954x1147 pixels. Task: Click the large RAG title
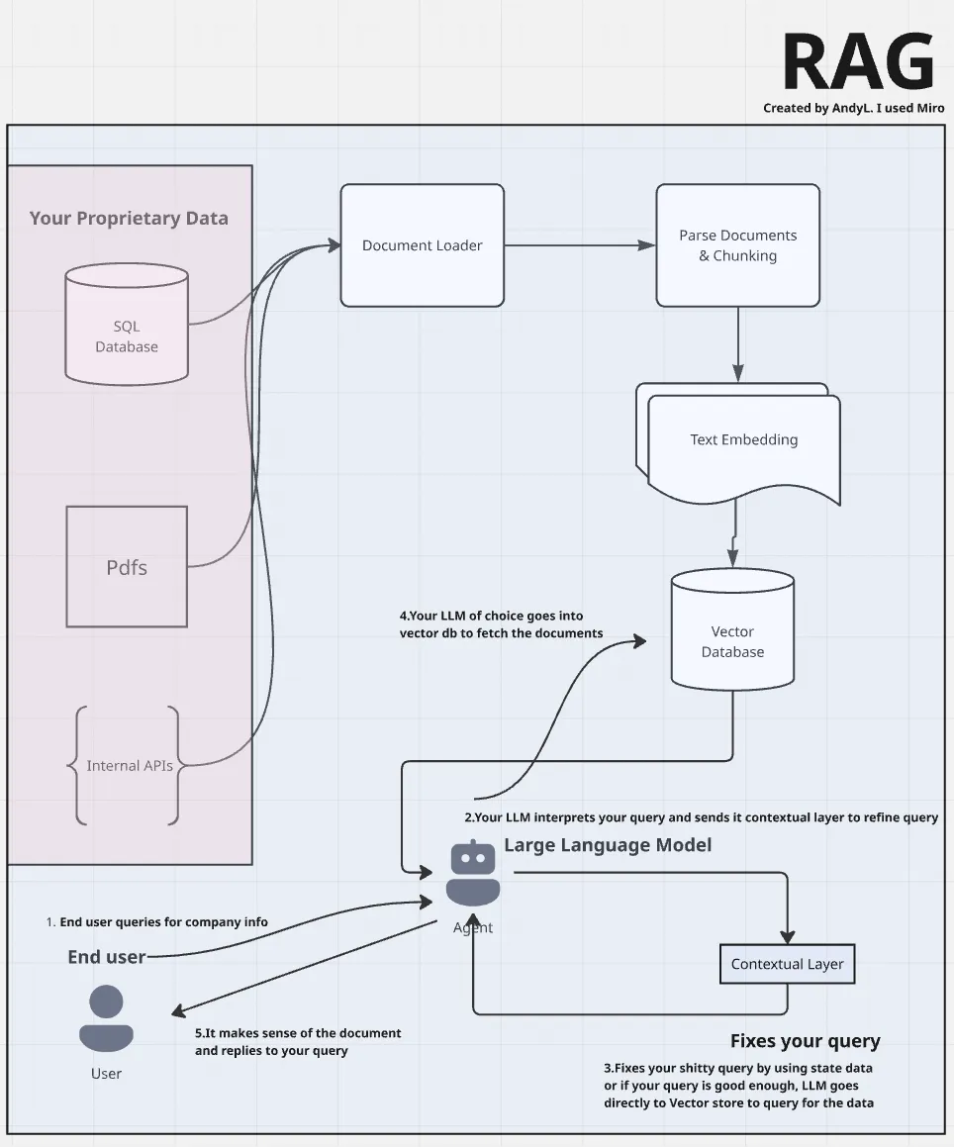pyautogui.click(x=858, y=63)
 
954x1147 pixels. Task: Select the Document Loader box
pyautogui.click(x=423, y=245)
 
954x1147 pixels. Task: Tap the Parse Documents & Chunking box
pyautogui.click(x=737, y=245)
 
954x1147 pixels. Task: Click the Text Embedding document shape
pyautogui.click(x=743, y=440)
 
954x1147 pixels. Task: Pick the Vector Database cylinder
pyautogui.click(x=732, y=633)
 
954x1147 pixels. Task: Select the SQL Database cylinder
pyautogui.click(x=127, y=327)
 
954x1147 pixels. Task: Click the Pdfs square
pyautogui.click(x=127, y=567)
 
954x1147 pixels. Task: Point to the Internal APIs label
pyautogui.click(x=130, y=766)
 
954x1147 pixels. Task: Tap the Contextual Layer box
pyautogui.click(x=787, y=964)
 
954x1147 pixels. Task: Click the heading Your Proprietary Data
pyautogui.click(x=129, y=219)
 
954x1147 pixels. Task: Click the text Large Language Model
pyautogui.click(x=608, y=845)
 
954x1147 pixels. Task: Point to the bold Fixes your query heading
pyautogui.click(x=805, y=1041)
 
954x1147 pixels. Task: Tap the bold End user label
pyautogui.click(x=106, y=957)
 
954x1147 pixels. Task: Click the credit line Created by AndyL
pyautogui.click(x=853, y=109)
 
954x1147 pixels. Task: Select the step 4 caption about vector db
pyautogui.click(x=501, y=624)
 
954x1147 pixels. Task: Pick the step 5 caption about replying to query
pyautogui.click(x=298, y=1041)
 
